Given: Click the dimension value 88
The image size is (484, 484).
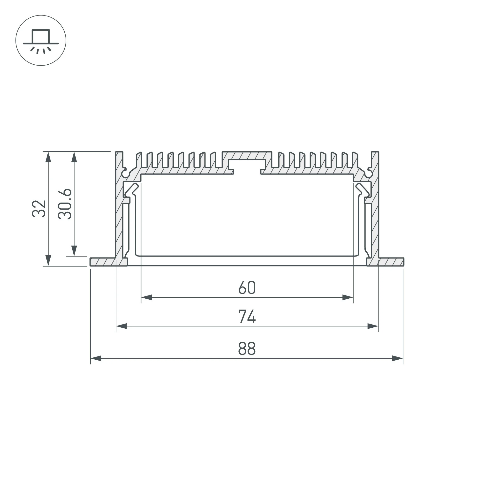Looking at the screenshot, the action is [x=247, y=348].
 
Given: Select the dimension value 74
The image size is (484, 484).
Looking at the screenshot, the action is [x=247, y=316].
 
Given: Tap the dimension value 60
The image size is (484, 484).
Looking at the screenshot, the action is [x=247, y=287].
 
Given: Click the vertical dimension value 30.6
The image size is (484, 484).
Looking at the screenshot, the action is [x=65, y=204].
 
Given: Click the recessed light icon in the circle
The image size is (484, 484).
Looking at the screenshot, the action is [x=41, y=42].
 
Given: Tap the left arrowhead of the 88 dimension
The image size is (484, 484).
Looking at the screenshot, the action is [x=96, y=358].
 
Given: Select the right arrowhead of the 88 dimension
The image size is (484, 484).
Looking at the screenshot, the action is [x=397, y=358].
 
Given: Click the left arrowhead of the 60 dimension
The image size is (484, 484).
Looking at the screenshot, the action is [x=147, y=298].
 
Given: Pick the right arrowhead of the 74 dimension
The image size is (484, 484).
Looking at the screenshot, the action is [x=373, y=326].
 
